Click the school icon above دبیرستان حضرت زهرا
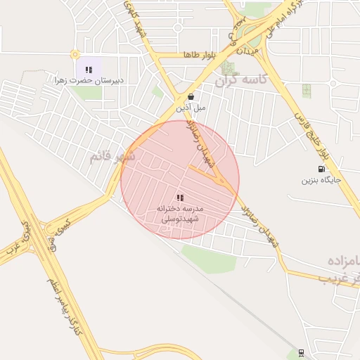pyautogui.click(x=89, y=70)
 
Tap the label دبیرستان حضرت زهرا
pyautogui.click(x=89, y=81)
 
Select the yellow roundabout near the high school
pyautogui.click(x=75, y=54)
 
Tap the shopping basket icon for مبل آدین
pyautogui.click(x=191, y=97)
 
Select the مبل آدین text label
pyautogui.click(x=191, y=108)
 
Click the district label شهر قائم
pyautogui.click(x=112, y=156)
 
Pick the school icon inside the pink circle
pyautogui.click(x=180, y=198)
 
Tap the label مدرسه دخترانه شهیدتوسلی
pyautogui.click(x=180, y=214)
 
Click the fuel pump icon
pyautogui.click(x=321, y=168)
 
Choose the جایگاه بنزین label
pyautogui.click(x=321, y=180)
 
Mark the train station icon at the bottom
pyautogui.click(x=302, y=352)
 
